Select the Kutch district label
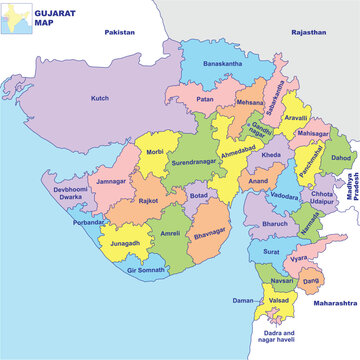point(100,99)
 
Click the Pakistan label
point(119,33)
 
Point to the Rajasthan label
point(309,33)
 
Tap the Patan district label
point(204,100)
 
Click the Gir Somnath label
point(146,270)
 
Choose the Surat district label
point(271,253)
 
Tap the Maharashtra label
point(331,302)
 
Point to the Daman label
point(243,299)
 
